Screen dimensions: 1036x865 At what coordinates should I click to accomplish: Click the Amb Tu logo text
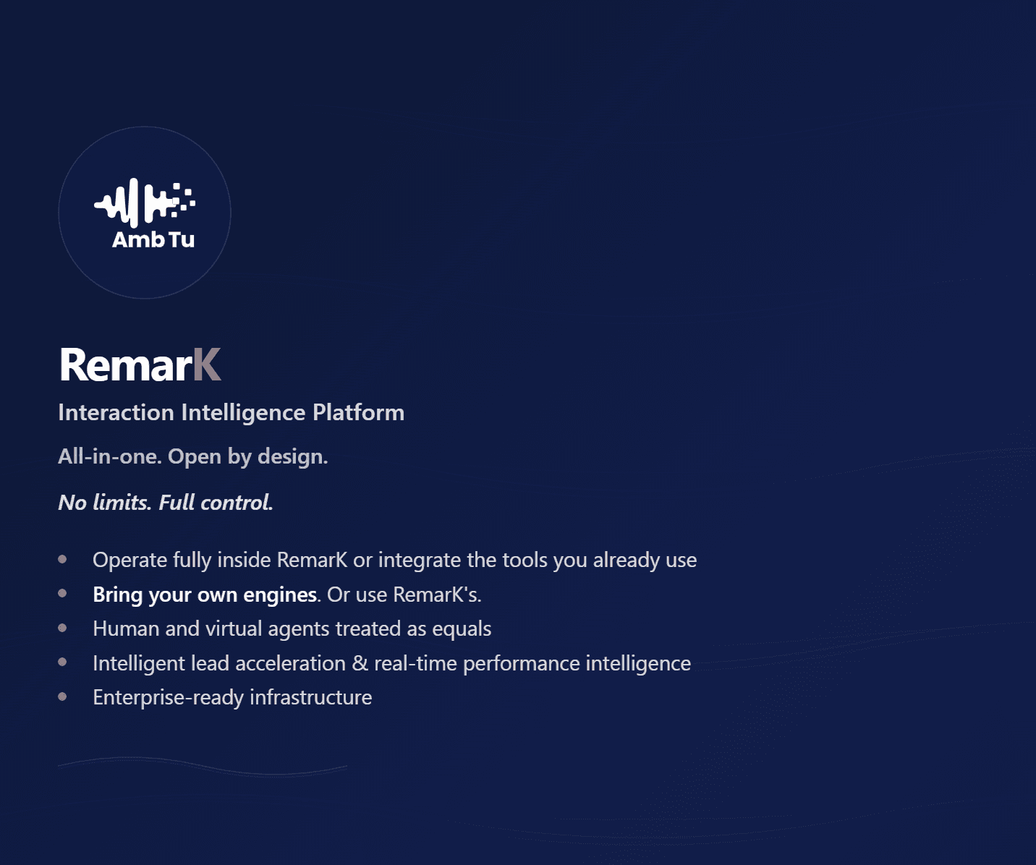pos(153,239)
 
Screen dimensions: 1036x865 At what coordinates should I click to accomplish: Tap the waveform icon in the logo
pos(145,203)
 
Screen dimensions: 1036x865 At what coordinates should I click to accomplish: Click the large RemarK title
pos(140,365)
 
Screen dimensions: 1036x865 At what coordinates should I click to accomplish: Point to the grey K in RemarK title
pos(207,365)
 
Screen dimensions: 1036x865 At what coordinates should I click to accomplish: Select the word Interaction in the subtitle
pos(116,413)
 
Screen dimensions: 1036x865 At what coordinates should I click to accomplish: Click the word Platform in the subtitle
pos(358,413)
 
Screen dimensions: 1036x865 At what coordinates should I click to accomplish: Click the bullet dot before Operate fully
pos(62,560)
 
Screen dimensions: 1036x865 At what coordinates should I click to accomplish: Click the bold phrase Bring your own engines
pos(205,595)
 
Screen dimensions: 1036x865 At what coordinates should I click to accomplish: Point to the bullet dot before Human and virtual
pos(62,628)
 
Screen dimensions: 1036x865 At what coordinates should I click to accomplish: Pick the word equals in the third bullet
pos(462,629)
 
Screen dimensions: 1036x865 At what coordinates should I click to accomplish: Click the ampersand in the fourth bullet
pos(360,664)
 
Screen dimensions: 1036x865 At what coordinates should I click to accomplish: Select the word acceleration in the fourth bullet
pos(290,664)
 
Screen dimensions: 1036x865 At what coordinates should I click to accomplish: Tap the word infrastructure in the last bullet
pos(311,697)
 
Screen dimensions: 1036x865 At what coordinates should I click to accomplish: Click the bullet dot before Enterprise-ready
pos(62,697)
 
